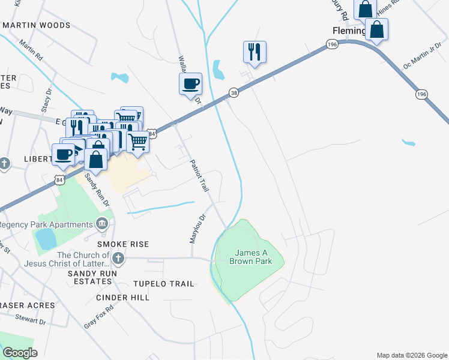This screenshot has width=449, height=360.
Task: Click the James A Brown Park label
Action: pyautogui.click(x=250, y=257)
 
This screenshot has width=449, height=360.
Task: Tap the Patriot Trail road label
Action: pyautogui.click(x=199, y=175)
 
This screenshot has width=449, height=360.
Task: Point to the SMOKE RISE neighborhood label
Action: pyautogui.click(x=123, y=245)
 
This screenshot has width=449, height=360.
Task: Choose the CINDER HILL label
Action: pyautogui.click(x=121, y=298)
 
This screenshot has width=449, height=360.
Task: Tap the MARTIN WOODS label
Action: pyautogui.click(x=37, y=25)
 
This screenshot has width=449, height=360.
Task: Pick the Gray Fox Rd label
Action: pyautogui.click(x=99, y=315)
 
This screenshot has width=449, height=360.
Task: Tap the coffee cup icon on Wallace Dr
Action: pyautogui.click(x=190, y=83)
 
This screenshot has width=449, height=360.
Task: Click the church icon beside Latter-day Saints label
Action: pyautogui.click(x=118, y=259)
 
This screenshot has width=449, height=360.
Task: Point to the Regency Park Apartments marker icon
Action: pyautogui.click(x=102, y=224)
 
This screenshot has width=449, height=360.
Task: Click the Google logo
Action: pyautogui.click(x=20, y=353)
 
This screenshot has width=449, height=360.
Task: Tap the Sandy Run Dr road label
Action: pyautogui.click(x=97, y=190)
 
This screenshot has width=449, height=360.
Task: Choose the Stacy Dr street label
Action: pyautogui.click(x=46, y=99)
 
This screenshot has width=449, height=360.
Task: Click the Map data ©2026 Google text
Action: pyautogui.click(x=412, y=355)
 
